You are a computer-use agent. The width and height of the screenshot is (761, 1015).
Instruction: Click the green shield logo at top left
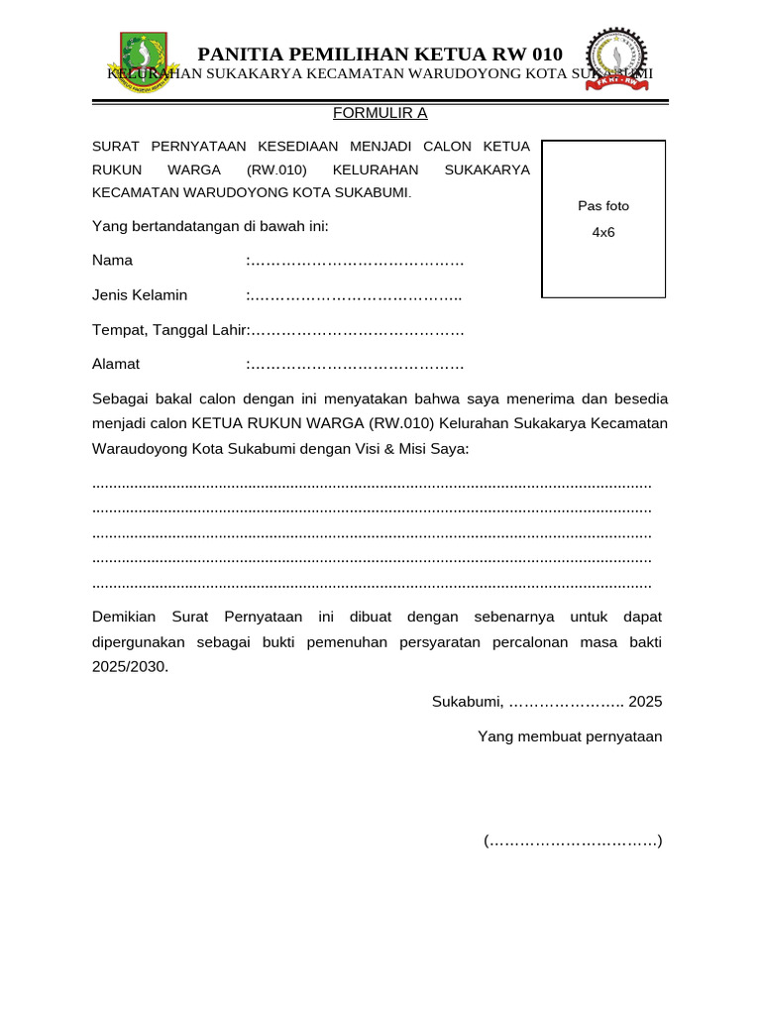pyautogui.click(x=145, y=62)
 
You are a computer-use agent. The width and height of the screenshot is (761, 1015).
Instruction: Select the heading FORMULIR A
pyautogui.click(x=380, y=113)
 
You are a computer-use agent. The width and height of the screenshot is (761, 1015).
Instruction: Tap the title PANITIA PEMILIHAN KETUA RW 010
pyautogui.click(x=380, y=54)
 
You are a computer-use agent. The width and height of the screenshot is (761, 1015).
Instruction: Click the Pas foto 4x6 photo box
pyautogui.click(x=603, y=219)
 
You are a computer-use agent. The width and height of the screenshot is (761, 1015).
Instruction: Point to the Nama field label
pyautogui.click(x=113, y=261)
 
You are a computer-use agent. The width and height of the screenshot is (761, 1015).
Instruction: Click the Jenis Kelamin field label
pyautogui.click(x=140, y=295)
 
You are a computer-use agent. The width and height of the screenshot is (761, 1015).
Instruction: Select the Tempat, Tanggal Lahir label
pyautogui.click(x=168, y=330)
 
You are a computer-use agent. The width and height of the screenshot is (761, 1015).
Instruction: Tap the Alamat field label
pyautogui.click(x=116, y=364)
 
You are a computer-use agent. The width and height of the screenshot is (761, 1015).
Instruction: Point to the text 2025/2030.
pyautogui.click(x=130, y=667)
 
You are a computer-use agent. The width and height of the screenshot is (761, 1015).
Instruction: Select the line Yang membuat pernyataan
pyautogui.click(x=570, y=736)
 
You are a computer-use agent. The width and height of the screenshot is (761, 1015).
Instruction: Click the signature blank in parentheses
pyautogui.click(x=573, y=842)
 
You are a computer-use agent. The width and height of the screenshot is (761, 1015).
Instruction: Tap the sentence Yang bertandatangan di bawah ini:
pyautogui.click(x=210, y=226)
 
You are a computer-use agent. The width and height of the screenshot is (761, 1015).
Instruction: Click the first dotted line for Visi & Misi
pyautogui.click(x=372, y=484)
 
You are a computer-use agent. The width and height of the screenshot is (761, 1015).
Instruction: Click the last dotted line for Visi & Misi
pyautogui.click(x=372, y=584)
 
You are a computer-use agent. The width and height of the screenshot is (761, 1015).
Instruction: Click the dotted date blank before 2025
pyautogui.click(x=566, y=702)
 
